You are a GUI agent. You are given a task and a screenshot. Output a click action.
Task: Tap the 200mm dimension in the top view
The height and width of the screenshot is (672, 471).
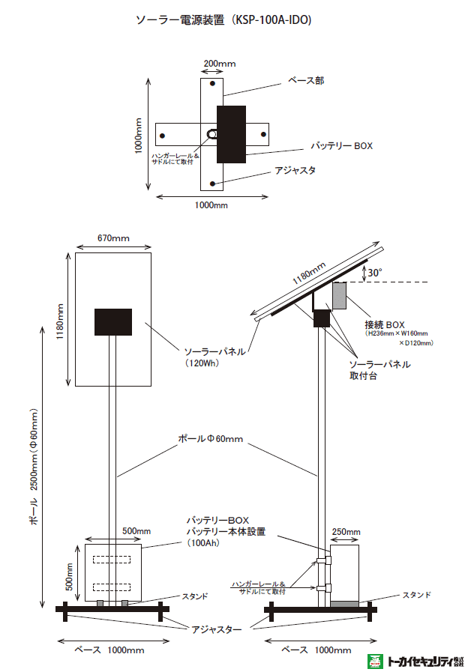(x=219, y=64)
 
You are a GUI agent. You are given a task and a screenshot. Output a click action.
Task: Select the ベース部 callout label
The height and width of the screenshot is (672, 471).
(x=306, y=80)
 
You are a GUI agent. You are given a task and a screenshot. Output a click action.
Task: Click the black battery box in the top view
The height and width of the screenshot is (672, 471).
(x=231, y=135)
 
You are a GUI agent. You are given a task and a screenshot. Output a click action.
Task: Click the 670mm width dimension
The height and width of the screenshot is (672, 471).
(x=113, y=238)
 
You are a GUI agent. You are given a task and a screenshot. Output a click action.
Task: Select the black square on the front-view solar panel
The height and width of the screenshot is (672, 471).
(x=113, y=322)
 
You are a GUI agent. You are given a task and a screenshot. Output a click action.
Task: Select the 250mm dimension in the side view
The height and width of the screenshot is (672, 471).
(x=346, y=531)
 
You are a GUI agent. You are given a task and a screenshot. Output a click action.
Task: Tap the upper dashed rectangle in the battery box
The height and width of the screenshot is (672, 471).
(x=112, y=557)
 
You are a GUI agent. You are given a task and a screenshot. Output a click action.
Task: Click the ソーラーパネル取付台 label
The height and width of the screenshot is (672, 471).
(x=379, y=370)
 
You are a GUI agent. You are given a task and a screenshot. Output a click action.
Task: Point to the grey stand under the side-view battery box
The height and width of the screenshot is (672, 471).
(x=345, y=604)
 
